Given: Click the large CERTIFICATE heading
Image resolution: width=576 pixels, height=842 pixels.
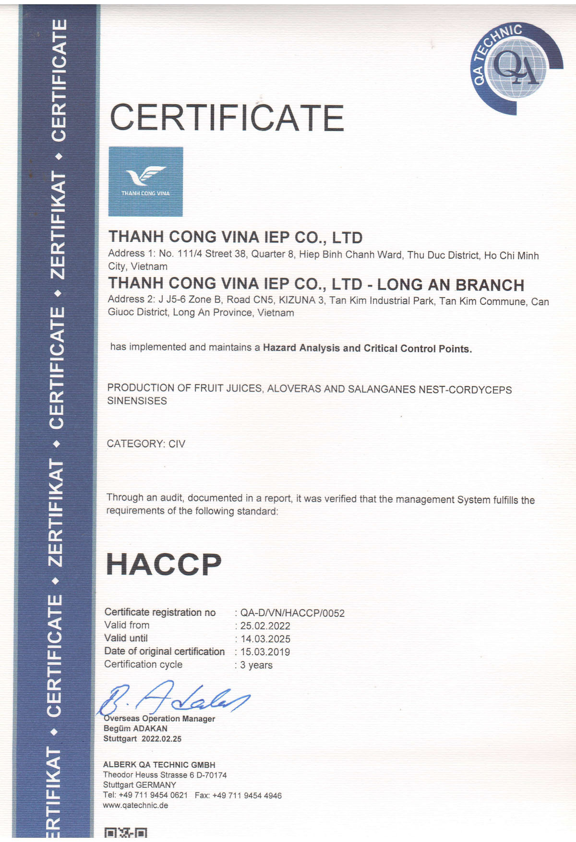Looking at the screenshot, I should pos(227,118).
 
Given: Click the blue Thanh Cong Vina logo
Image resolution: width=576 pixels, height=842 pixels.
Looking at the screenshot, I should pos(145,181).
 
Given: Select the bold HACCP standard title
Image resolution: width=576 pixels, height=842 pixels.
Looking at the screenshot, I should pos(164,565).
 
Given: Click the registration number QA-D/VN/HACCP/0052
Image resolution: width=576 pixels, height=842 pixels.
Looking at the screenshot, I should pos(292,613).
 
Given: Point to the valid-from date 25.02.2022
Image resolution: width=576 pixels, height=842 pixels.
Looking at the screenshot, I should pos(265,626).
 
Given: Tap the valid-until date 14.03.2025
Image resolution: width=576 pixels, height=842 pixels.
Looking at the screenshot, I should pos(265,639).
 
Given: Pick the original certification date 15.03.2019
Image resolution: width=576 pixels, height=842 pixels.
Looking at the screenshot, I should pos(265,652).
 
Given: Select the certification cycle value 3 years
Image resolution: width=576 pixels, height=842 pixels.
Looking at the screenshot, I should pos(256,665).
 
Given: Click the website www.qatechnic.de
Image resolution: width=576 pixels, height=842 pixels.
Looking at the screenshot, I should pos(135,805).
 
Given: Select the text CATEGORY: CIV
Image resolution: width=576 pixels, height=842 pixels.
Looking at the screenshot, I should pos(146,444).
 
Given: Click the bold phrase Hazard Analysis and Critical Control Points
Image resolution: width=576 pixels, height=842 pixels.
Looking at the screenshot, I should pos(367,349).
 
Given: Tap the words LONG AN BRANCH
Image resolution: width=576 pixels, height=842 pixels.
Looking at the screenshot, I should pos(450,285).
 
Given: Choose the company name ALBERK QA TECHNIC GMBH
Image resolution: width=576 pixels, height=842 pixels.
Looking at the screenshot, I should pos(159,765).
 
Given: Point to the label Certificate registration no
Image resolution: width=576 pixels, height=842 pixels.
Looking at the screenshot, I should pos(160,612).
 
